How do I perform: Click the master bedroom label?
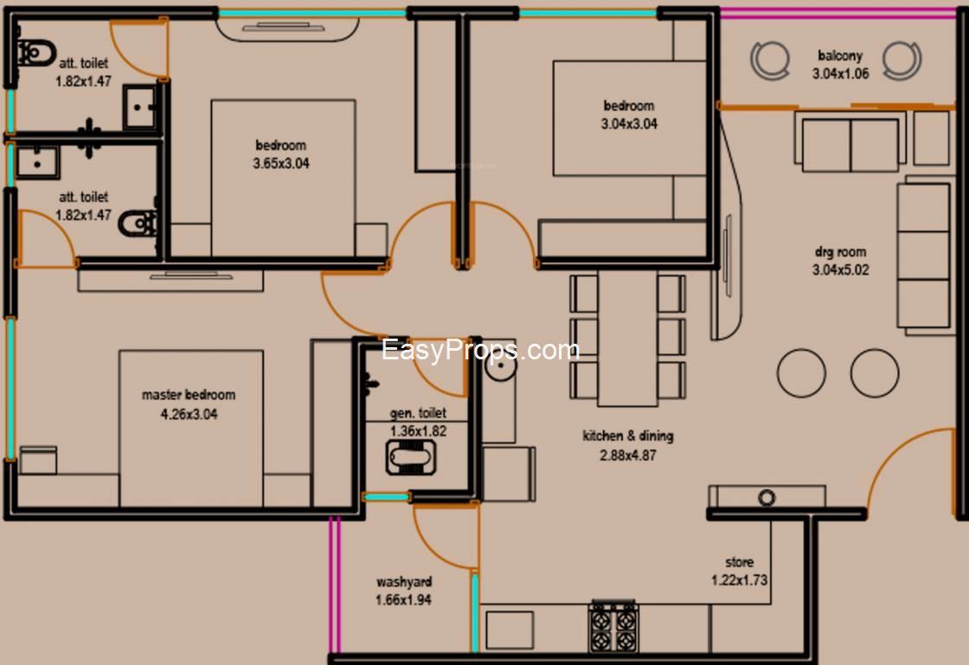click(x=189, y=395)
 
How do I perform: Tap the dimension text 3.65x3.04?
click(x=281, y=164)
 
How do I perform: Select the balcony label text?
click(x=840, y=55)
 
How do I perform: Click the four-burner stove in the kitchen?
click(x=613, y=626)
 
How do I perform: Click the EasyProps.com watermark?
click(x=481, y=350)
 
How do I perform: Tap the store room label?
click(x=740, y=562)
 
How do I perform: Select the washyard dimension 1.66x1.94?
click(x=403, y=600)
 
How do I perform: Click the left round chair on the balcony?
click(x=770, y=60)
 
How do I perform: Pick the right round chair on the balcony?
click(x=902, y=60)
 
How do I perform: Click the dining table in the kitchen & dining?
click(x=627, y=339)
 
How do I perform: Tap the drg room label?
click(x=840, y=252)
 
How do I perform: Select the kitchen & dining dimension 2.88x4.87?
click(x=628, y=456)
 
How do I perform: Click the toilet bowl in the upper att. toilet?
click(x=35, y=54)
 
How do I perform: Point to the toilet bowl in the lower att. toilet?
click(x=138, y=223)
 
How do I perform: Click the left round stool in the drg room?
click(x=801, y=373)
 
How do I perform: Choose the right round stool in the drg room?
click(x=875, y=373)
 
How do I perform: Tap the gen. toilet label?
click(x=418, y=413)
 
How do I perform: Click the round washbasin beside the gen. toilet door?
click(x=501, y=366)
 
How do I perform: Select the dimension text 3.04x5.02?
click(x=840, y=270)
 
